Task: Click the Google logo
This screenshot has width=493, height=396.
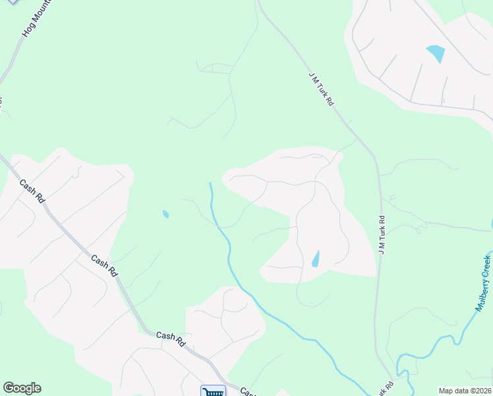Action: pos(22,388)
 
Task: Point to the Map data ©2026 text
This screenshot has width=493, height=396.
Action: pos(465,391)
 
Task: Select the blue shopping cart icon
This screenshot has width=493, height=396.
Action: pos(213,392)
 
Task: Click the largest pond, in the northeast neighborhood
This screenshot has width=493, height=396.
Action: pos(436,53)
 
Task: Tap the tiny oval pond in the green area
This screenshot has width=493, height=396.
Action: pos(165,214)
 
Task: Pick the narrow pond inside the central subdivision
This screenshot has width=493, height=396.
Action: pos(316,259)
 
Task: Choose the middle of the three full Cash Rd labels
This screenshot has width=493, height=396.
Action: pos(105,266)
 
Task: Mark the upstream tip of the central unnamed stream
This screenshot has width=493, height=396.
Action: pos(210,183)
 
